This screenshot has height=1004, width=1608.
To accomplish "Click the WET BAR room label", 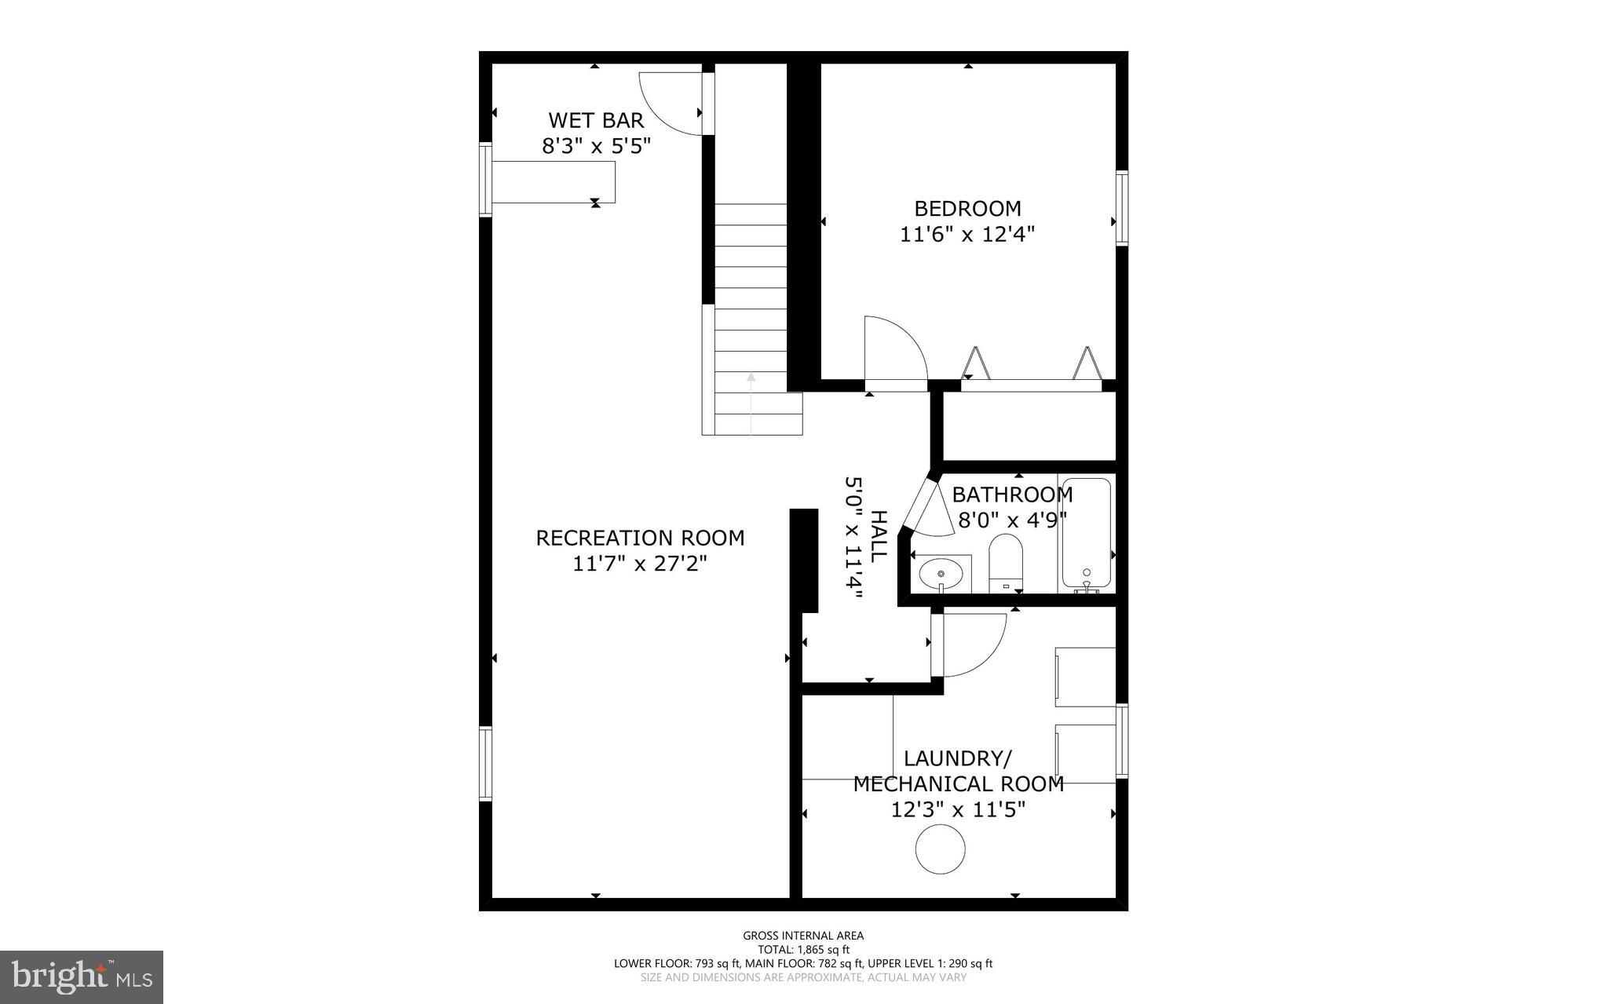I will [x=596, y=120].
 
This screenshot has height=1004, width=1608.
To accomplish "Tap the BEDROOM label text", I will [x=967, y=209].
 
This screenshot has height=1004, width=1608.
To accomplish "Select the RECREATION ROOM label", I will [x=640, y=539].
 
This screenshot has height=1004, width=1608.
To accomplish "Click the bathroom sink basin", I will [x=941, y=574].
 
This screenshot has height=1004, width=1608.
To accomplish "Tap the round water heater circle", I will [x=940, y=849].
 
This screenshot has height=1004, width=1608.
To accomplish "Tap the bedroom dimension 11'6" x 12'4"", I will [x=967, y=234].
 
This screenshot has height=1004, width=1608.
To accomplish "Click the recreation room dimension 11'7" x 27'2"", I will [x=640, y=564].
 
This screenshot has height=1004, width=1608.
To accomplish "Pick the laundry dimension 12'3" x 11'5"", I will [x=958, y=809].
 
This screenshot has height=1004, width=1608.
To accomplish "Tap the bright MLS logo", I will [x=82, y=977].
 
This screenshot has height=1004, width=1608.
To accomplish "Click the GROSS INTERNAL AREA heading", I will [x=803, y=935].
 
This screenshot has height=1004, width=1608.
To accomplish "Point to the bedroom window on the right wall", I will [x=1122, y=208].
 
